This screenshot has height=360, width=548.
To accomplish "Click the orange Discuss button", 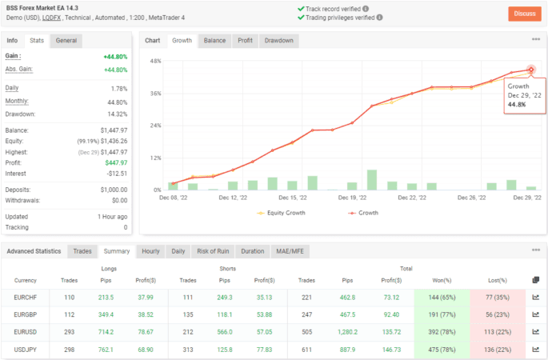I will click(525, 14).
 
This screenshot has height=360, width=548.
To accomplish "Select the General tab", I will click(66, 40).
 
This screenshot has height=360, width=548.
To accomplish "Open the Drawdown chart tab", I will click(278, 40).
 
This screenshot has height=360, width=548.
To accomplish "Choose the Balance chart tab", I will click(214, 40).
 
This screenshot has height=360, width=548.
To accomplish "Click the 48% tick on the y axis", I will click(155, 61).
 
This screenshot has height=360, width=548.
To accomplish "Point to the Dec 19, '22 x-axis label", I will click(352, 197).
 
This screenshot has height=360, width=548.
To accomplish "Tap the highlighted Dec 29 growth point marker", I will click(530, 70).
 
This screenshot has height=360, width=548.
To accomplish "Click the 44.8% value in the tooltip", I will click(517, 105).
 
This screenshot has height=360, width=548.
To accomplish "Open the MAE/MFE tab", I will click(293, 251).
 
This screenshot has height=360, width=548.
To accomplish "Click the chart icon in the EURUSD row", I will click(535, 333).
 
